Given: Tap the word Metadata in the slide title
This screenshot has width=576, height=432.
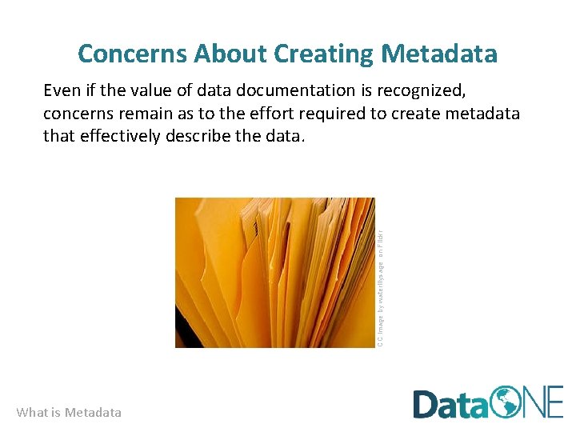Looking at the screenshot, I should [440, 54].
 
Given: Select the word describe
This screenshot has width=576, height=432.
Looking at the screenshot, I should [200, 136].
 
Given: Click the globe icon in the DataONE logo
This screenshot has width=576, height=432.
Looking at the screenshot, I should [505, 402].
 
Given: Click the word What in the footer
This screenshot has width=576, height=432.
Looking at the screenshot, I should [31, 413].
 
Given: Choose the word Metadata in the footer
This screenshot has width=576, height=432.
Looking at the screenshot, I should [93, 413].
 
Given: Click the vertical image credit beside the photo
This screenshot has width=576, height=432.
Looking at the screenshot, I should [381, 289].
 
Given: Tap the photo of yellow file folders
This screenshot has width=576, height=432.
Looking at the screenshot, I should [274, 273].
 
